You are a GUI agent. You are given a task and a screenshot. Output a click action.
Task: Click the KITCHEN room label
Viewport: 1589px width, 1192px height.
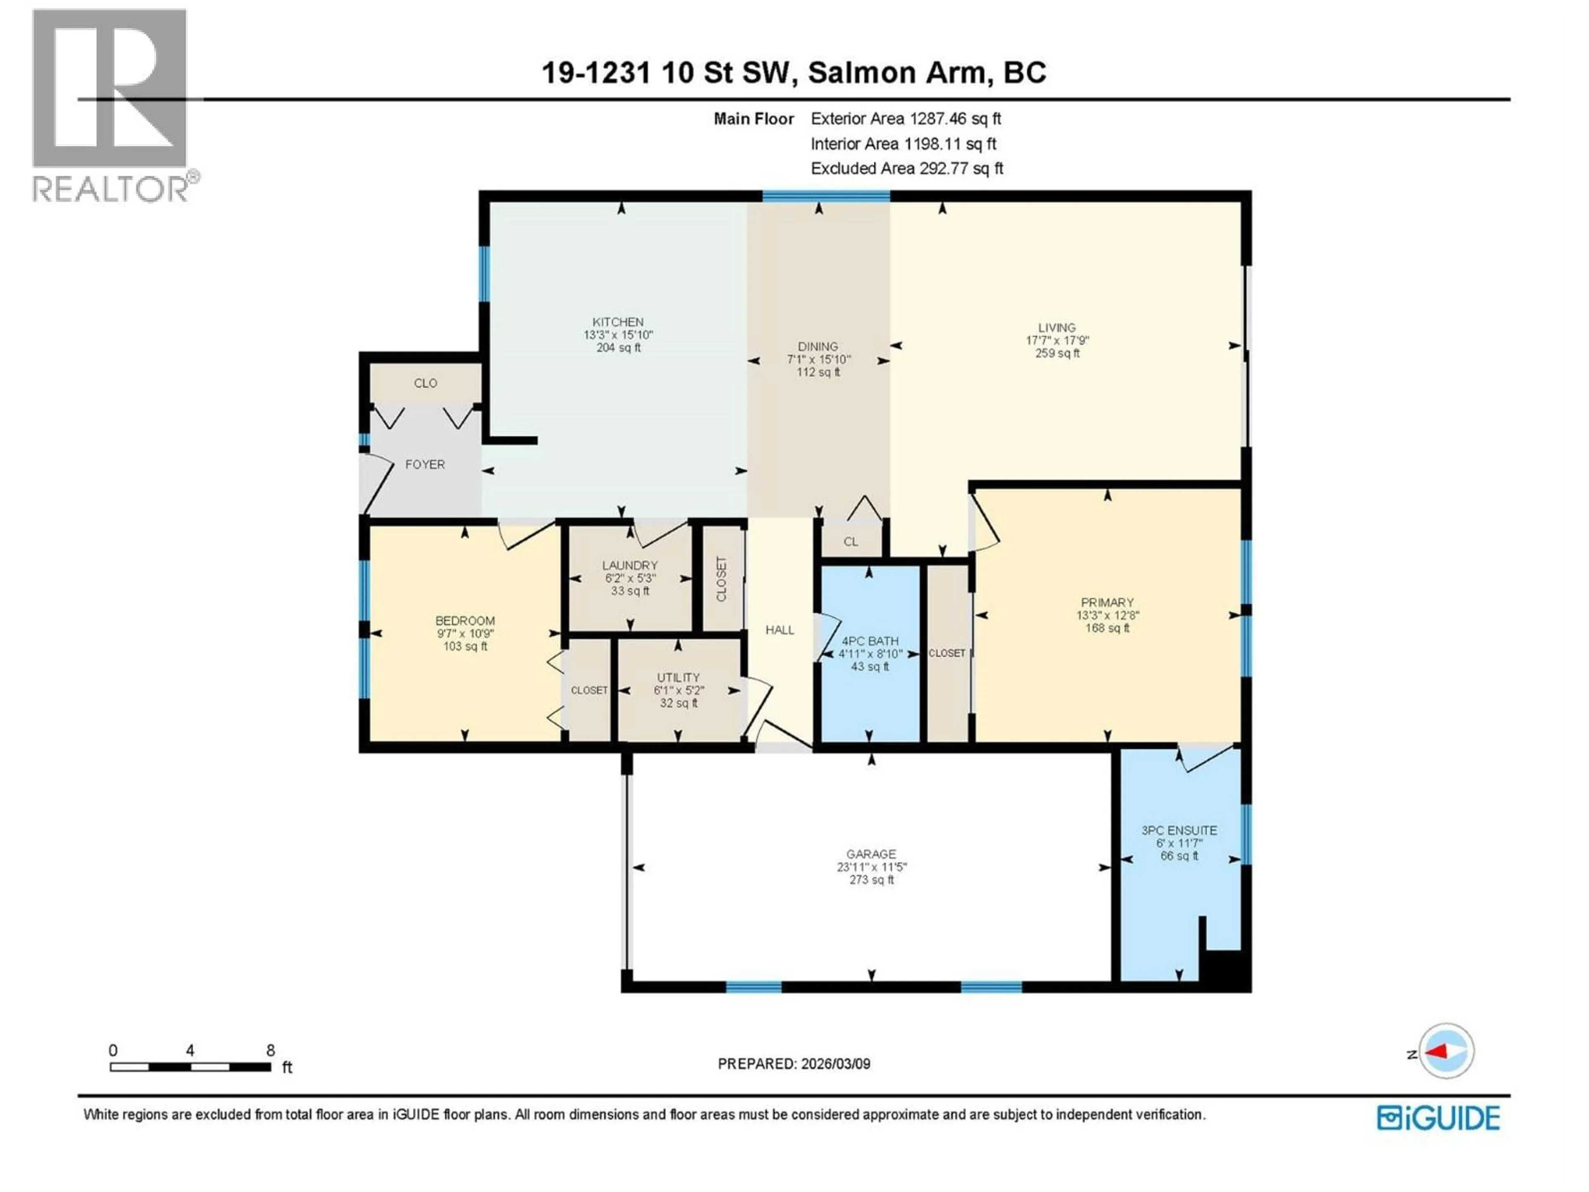tap(618, 322)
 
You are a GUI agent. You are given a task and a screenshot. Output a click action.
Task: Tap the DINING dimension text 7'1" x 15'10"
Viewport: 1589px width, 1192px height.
tap(818, 359)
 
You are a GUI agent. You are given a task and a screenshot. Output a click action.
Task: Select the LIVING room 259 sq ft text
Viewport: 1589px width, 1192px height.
tap(1057, 353)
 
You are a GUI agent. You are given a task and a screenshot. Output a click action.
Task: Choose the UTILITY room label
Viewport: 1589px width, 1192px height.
tap(678, 678)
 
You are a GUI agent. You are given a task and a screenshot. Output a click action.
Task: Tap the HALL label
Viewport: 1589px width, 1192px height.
tap(780, 630)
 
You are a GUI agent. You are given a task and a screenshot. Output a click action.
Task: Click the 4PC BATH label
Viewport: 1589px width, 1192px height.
tap(870, 641)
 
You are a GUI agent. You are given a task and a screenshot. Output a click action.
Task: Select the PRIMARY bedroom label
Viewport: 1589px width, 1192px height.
tap(1107, 602)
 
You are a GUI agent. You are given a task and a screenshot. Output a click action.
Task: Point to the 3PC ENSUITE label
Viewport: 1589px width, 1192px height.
tap(1179, 830)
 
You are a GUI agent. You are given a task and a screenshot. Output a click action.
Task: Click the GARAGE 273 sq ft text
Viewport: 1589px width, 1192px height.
tap(871, 880)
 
